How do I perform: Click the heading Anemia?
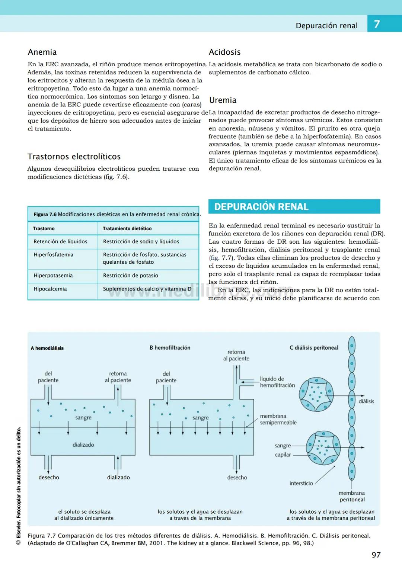[42, 52]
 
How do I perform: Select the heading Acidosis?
[224, 52]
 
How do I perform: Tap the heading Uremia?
[223, 100]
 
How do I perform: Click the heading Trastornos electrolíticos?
[74, 157]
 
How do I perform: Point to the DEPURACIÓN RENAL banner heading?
[261, 207]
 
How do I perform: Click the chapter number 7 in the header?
[377, 25]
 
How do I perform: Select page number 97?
[376, 555]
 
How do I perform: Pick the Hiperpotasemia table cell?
[53, 276]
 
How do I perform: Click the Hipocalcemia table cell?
[50, 289]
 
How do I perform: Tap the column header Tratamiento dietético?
[127, 228]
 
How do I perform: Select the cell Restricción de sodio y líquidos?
[141, 242]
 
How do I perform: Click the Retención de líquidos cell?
[60, 242]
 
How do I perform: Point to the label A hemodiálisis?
[47, 348]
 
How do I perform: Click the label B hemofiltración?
[170, 348]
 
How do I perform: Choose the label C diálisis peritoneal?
[314, 348]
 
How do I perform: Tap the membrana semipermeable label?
[278, 419]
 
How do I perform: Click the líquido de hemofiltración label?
[277, 382]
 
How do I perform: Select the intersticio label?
[301, 483]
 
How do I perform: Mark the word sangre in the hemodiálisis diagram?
[83, 418]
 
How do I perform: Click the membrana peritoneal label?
[352, 496]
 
